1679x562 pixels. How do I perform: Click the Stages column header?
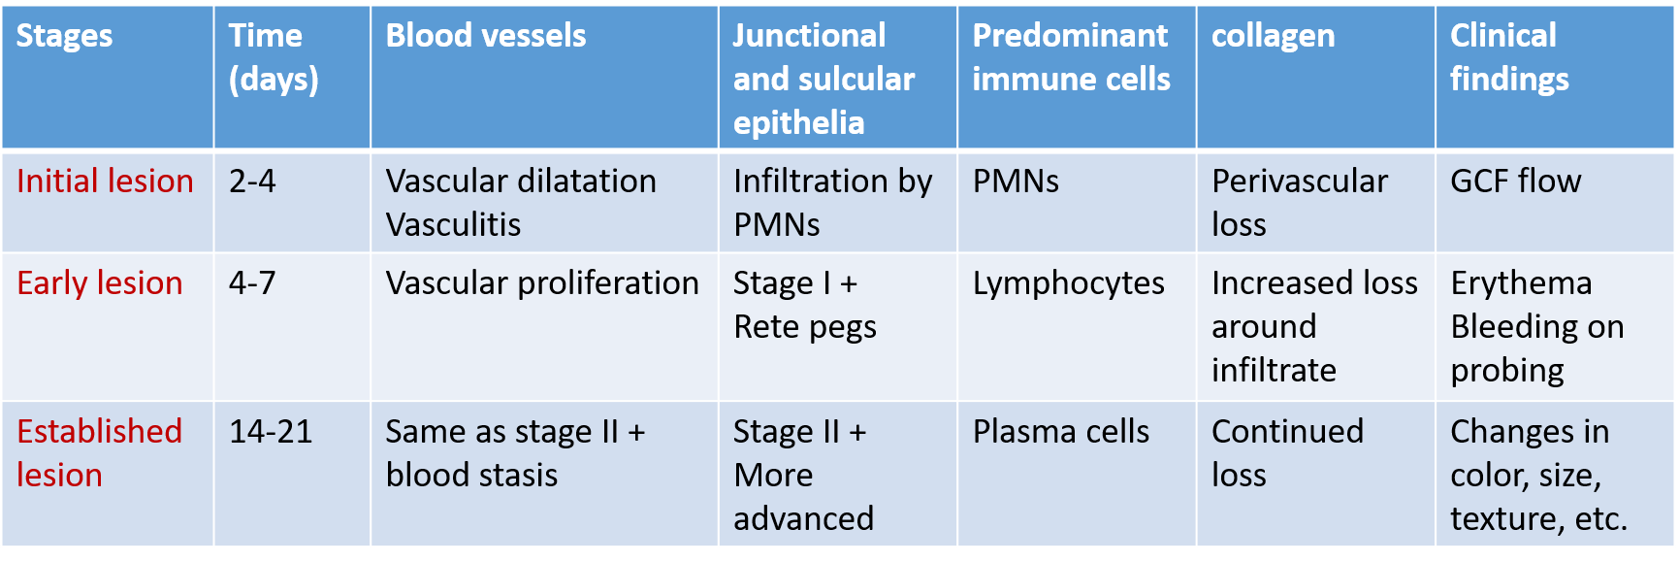click(x=64, y=36)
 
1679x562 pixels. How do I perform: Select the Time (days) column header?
click(x=273, y=57)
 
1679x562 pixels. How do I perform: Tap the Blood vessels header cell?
click(x=485, y=36)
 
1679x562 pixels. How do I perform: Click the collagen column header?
click(x=1273, y=36)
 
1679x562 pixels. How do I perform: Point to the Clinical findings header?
click(x=1508, y=57)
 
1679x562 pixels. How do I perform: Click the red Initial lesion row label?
click(x=105, y=182)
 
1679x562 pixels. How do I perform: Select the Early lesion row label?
click(x=100, y=283)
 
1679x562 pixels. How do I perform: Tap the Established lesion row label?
click(x=99, y=453)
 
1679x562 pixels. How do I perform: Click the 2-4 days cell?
click(x=252, y=182)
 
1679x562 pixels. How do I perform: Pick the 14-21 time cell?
click(x=271, y=432)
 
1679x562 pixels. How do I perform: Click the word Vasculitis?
click(x=453, y=225)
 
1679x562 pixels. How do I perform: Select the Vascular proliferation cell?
click(x=541, y=283)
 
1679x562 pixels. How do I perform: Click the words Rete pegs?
click(x=804, y=327)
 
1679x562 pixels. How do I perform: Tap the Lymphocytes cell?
click(x=1068, y=283)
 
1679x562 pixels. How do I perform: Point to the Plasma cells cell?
click(x=1060, y=432)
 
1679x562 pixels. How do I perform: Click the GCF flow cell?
click(x=1515, y=182)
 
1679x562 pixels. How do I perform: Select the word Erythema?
click(x=1521, y=283)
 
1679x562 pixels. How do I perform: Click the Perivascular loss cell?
click(x=1299, y=203)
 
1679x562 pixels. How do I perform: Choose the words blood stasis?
click(x=471, y=476)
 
